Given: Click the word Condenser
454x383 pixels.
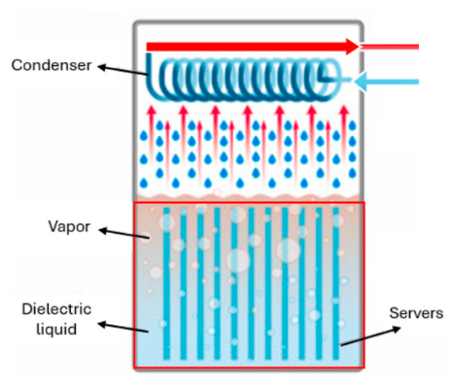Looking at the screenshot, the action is pyautogui.click(x=51, y=65).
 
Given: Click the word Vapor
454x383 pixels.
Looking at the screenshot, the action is pyautogui.click(x=69, y=227).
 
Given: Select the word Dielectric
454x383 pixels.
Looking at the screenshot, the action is pyautogui.click(x=57, y=309).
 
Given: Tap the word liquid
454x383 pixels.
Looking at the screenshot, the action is pyautogui.click(x=57, y=329).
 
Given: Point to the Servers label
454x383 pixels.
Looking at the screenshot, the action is pyautogui.click(x=416, y=313).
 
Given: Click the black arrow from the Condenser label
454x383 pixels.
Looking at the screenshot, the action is pyautogui.click(x=123, y=71).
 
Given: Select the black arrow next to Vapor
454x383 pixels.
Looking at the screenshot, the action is pyautogui.click(x=124, y=233).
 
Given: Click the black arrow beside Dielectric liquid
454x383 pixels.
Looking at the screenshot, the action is pyautogui.click(x=123, y=327).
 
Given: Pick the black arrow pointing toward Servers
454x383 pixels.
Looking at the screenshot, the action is pyautogui.click(x=371, y=336).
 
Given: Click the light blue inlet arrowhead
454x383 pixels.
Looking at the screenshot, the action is pyautogui.click(x=360, y=81).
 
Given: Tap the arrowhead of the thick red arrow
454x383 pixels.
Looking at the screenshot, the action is pyautogui.click(x=353, y=46).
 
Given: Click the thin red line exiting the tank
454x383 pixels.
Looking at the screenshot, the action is pyautogui.click(x=390, y=46).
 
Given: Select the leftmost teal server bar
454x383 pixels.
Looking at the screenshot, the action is pyautogui.click(x=166, y=284).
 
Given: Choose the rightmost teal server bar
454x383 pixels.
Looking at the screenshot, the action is pyautogui.click(x=336, y=284).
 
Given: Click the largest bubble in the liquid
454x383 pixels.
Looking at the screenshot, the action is pyautogui.click(x=238, y=260).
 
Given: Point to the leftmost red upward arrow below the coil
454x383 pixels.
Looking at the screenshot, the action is pyautogui.click(x=151, y=130).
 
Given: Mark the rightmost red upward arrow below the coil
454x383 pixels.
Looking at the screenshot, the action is pyautogui.click(x=344, y=130).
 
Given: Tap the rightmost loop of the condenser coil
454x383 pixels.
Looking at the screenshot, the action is pyautogui.click(x=330, y=79).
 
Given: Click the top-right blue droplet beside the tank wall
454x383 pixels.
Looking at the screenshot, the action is pyautogui.click(x=352, y=125).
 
